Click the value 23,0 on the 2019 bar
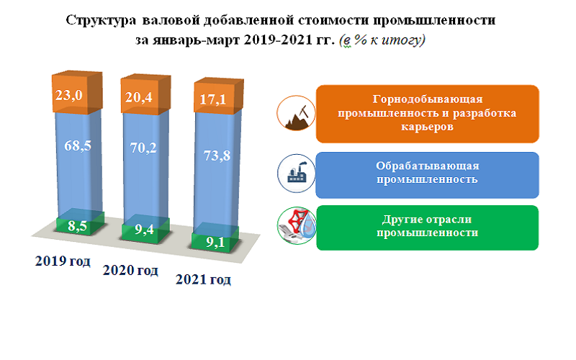(71, 95)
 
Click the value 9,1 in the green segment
(214, 243)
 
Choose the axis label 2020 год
(130, 271)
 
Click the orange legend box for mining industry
(427, 113)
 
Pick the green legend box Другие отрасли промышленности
(427, 228)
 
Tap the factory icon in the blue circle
(296, 174)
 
